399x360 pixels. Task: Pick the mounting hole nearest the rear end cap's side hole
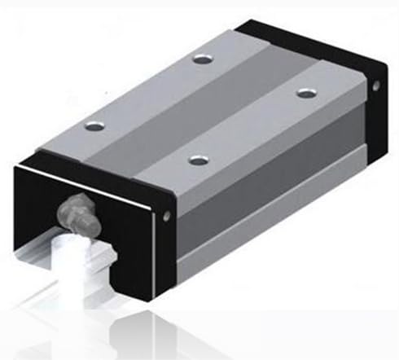pos(305,93)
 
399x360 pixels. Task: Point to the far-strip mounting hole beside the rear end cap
pos(201,58)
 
